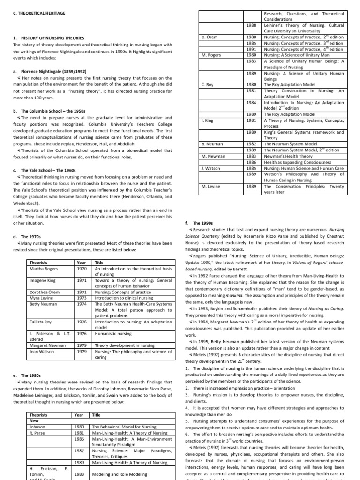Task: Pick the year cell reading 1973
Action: [82, 298]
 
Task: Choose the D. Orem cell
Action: [209, 37]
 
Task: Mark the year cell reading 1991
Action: [251, 49]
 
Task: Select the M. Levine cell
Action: [210, 186]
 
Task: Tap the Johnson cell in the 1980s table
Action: [37, 427]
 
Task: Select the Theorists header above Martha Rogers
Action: [38, 262]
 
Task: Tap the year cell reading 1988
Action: [251, 25]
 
